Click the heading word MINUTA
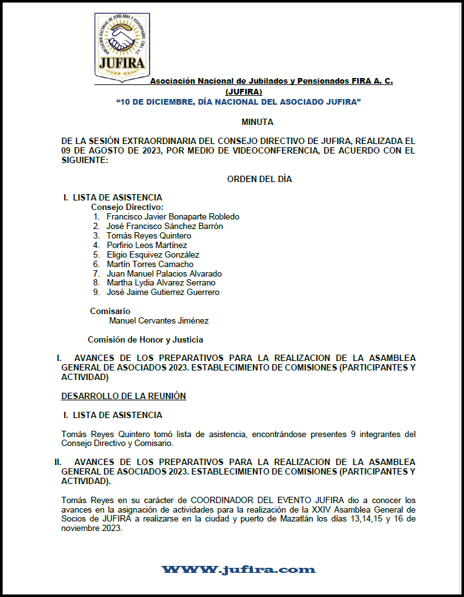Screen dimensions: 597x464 (257, 121)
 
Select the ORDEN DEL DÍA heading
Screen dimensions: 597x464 (259, 179)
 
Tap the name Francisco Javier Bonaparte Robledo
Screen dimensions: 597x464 (172, 216)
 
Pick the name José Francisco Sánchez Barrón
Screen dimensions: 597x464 (164, 226)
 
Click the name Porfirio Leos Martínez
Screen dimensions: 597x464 (146, 245)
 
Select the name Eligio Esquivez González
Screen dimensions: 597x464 (153, 254)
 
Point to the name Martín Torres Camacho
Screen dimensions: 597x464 (150, 264)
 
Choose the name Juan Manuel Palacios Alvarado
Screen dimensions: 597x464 (164, 273)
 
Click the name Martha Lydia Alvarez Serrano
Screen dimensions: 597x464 (160, 283)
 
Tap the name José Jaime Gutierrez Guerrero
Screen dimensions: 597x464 (163, 292)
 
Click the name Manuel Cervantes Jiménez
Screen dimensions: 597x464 (158, 321)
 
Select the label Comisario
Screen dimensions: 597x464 (110, 311)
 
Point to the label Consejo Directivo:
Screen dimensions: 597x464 (127, 207)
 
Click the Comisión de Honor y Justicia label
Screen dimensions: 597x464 (145, 339)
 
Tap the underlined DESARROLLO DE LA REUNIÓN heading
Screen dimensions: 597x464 (124, 396)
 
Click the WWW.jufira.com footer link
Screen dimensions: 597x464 (238, 569)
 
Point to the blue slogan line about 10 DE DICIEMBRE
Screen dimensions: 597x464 (239, 102)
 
